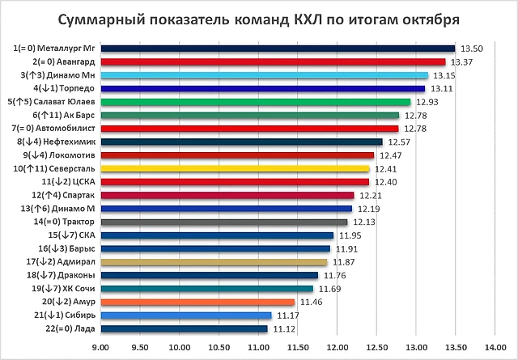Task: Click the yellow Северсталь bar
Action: coord(235,168)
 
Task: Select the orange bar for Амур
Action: coord(197,302)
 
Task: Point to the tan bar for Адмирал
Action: coord(214,261)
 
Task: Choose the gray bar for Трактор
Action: coord(223,222)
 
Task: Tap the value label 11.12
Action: coord(283,328)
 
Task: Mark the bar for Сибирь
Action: coord(186,315)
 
